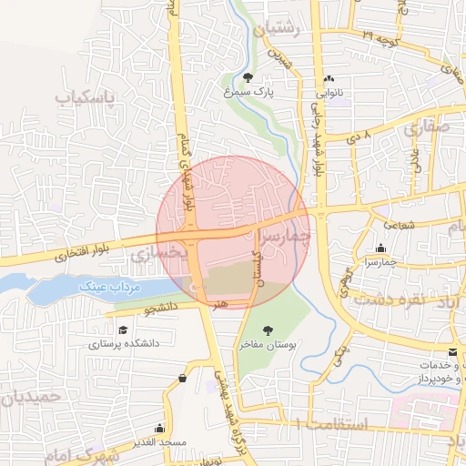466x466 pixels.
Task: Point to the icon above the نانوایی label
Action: point(329,79)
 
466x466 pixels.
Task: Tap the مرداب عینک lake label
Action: point(106,288)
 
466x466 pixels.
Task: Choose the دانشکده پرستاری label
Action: point(124,345)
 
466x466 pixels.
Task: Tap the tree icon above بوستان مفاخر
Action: point(267,330)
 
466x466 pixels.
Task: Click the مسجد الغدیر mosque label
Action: point(161,441)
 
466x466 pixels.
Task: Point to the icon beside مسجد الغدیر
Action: point(160,428)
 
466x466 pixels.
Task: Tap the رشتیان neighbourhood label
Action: point(279,27)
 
